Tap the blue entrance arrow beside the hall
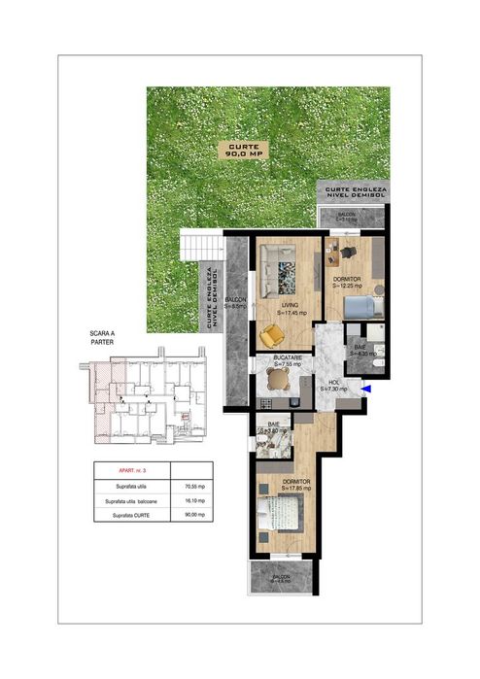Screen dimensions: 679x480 tap(365, 390)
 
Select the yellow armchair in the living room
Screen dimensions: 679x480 tap(274, 335)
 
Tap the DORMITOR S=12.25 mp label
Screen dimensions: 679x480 tap(347, 283)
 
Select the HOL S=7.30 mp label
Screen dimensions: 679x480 tap(332, 386)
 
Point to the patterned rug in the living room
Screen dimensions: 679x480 tap(291, 277)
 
